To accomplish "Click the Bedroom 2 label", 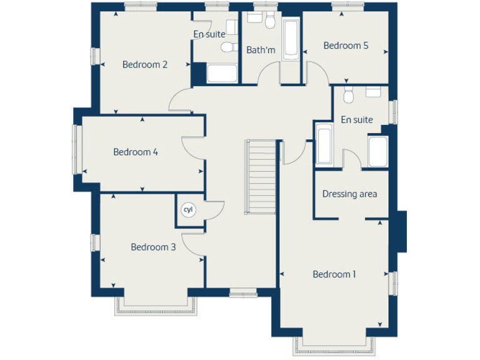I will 144,64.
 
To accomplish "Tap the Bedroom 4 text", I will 131,152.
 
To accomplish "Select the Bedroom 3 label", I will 153,247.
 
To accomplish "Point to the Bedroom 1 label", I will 334,274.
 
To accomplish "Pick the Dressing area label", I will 349,194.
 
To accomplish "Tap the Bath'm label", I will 261,50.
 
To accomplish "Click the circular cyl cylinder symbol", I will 187,210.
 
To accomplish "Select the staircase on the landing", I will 261,177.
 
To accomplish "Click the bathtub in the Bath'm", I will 291,40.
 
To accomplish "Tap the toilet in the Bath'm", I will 270,22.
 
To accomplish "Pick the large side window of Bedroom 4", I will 78,150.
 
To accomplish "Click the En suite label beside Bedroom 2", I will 209,34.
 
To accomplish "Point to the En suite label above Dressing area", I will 357,119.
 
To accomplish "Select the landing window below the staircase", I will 243,292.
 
